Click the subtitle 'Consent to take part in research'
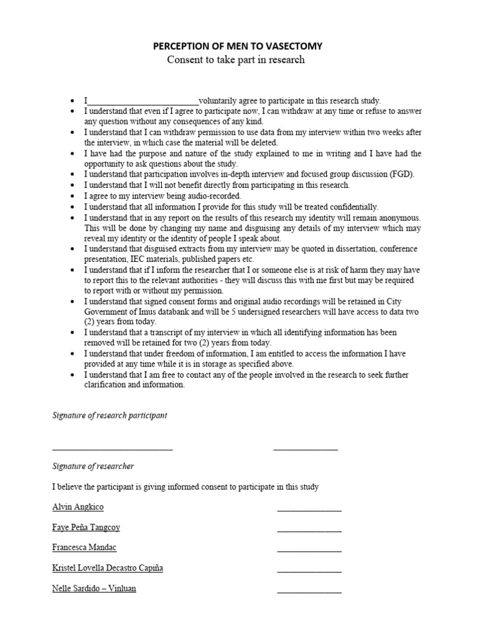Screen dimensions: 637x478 (x=236, y=60)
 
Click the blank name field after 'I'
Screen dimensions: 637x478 (x=143, y=101)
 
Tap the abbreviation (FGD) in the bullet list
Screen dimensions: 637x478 (x=401, y=174)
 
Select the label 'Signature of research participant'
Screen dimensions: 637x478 (x=110, y=416)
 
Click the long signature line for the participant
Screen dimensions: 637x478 (x=112, y=449)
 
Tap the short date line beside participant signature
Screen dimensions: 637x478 (x=306, y=449)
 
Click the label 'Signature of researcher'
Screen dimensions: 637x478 (x=93, y=466)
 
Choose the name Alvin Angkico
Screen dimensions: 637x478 (x=78, y=507)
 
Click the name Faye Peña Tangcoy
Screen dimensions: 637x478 (x=86, y=528)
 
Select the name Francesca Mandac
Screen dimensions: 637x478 (x=84, y=547)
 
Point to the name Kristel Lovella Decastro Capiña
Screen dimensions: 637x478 (x=107, y=568)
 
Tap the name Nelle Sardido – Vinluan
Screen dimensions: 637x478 (x=94, y=588)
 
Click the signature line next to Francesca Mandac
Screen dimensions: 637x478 (x=309, y=551)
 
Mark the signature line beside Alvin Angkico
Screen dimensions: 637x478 (x=309, y=511)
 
